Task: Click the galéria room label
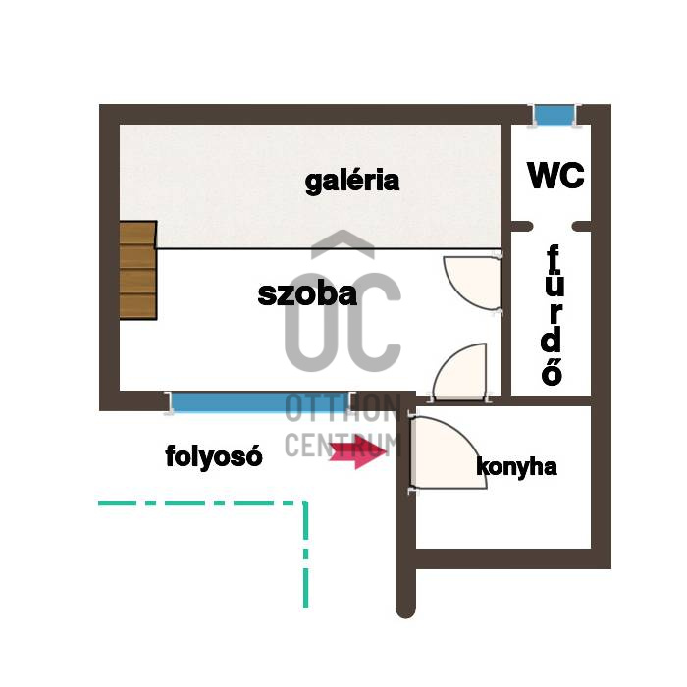352,181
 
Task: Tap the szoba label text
307,294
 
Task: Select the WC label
556,176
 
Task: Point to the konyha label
516,467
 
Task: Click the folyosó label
214,456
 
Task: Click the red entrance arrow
358,451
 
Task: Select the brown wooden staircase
138,270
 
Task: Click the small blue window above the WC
555,115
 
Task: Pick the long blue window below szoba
260,402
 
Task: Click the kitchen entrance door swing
448,453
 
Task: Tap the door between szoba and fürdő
473,284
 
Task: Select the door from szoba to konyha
461,373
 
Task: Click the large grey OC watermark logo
343,322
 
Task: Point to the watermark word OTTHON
343,408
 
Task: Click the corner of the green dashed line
305,502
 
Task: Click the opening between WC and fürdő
553,226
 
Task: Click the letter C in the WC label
572,176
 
